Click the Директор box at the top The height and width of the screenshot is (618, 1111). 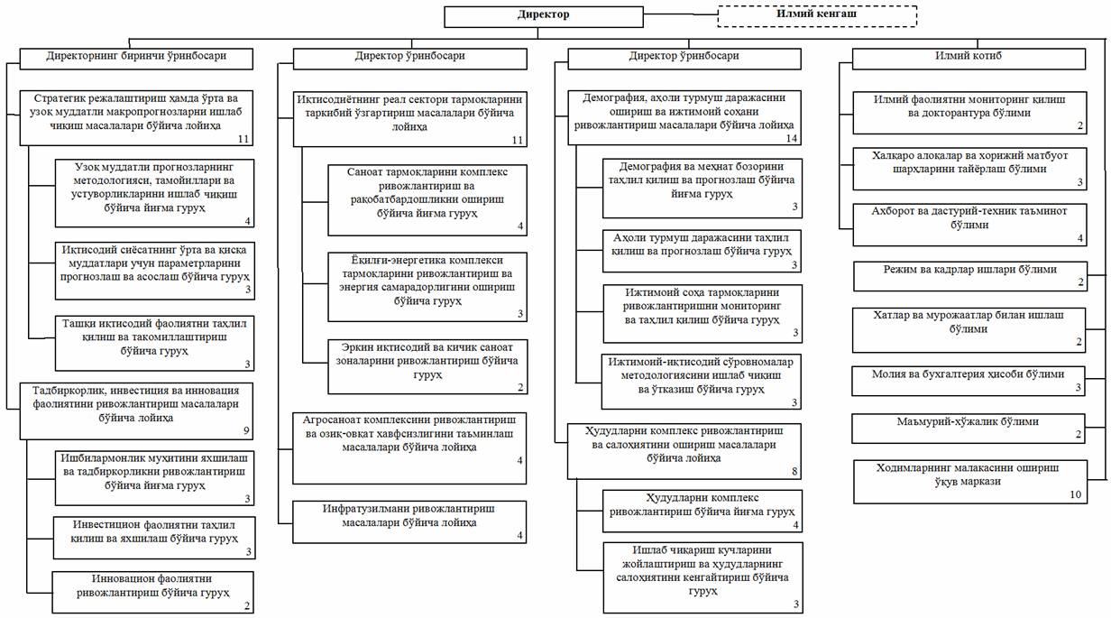pos(543,15)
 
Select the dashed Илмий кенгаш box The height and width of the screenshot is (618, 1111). pos(817,15)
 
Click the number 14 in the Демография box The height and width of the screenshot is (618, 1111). pos(792,138)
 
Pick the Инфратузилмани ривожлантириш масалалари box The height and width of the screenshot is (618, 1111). pos(409,521)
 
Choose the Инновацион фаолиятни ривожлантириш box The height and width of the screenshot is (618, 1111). pos(152,592)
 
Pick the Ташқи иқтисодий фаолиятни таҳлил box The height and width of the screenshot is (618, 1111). pos(152,341)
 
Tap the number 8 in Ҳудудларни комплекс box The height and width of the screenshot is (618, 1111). pos(794,471)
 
